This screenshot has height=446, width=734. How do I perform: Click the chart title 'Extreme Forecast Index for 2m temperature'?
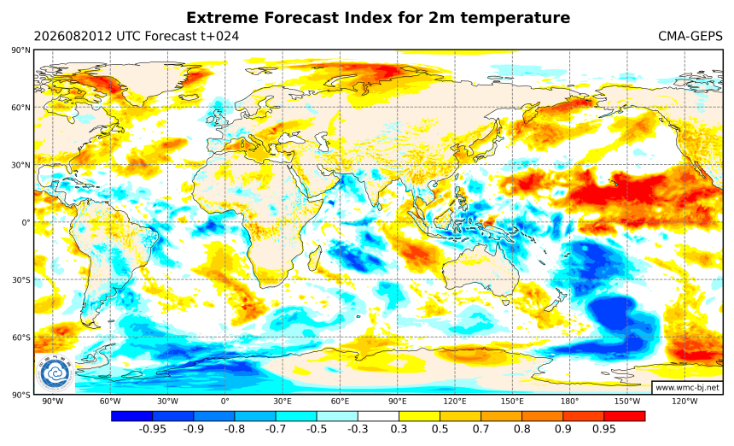coord(378,18)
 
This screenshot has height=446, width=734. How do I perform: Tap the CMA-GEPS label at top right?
coord(690,36)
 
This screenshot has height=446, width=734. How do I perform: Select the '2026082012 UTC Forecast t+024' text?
coord(137,36)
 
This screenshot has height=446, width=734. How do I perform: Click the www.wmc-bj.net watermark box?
coord(687,387)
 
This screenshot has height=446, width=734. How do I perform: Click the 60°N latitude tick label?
coord(20,108)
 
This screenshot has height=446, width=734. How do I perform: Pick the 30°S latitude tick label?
coord(21,280)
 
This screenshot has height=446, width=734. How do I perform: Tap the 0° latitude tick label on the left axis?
coord(26,222)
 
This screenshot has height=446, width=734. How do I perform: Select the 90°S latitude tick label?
coord(21,395)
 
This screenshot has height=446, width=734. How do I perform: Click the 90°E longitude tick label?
coord(398,402)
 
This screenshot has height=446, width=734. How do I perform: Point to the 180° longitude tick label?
coord(569,402)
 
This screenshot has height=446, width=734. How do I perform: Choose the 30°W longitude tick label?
coord(167,402)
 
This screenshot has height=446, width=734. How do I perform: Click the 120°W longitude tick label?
coord(684,402)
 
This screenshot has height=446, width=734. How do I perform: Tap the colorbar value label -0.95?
coord(153,429)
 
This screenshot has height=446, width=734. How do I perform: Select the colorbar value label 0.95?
coord(604,429)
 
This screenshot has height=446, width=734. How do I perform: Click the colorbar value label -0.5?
coord(317,429)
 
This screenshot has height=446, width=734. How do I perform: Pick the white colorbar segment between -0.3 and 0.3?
coord(378,416)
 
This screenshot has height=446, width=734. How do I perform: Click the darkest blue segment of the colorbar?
coord(132,416)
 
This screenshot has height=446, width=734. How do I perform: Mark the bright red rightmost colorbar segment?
coord(625,416)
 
